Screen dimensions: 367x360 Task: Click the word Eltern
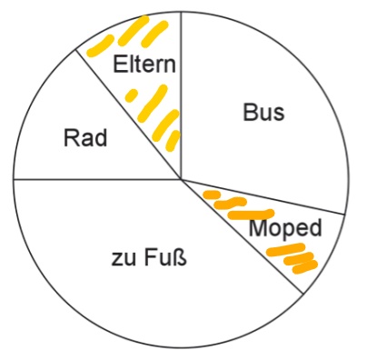click(144, 65)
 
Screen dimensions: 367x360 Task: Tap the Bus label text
click(263, 112)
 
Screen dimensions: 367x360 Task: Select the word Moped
click(285, 228)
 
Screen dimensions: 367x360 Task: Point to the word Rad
click(85, 138)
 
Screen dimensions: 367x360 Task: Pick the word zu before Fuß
click(123, 260)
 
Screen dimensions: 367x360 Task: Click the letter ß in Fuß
click(179, 257)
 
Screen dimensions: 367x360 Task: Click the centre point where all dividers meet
click(181, 179)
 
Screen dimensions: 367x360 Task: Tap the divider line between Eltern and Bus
click(181, 95)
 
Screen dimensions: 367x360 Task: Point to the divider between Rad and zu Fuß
click(97, 179)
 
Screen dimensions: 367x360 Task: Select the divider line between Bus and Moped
click(263, 196)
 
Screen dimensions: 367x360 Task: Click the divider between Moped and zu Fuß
click(242, 236)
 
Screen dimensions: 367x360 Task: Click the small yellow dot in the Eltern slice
click(131, 95)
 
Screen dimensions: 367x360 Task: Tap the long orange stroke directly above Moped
click(251, 215)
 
